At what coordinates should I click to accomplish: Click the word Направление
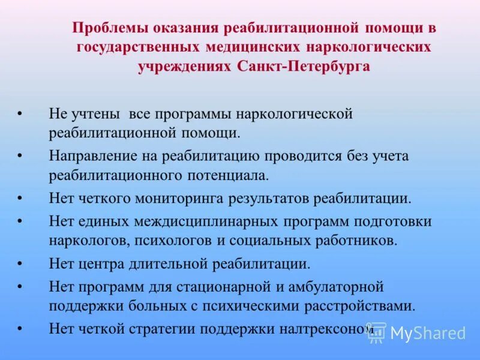[x=92, y=157]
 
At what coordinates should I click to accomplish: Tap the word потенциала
[x=230, y=175]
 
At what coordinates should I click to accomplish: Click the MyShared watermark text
[x=428, y=333]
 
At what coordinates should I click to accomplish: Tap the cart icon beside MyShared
[x=377, y=333]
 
